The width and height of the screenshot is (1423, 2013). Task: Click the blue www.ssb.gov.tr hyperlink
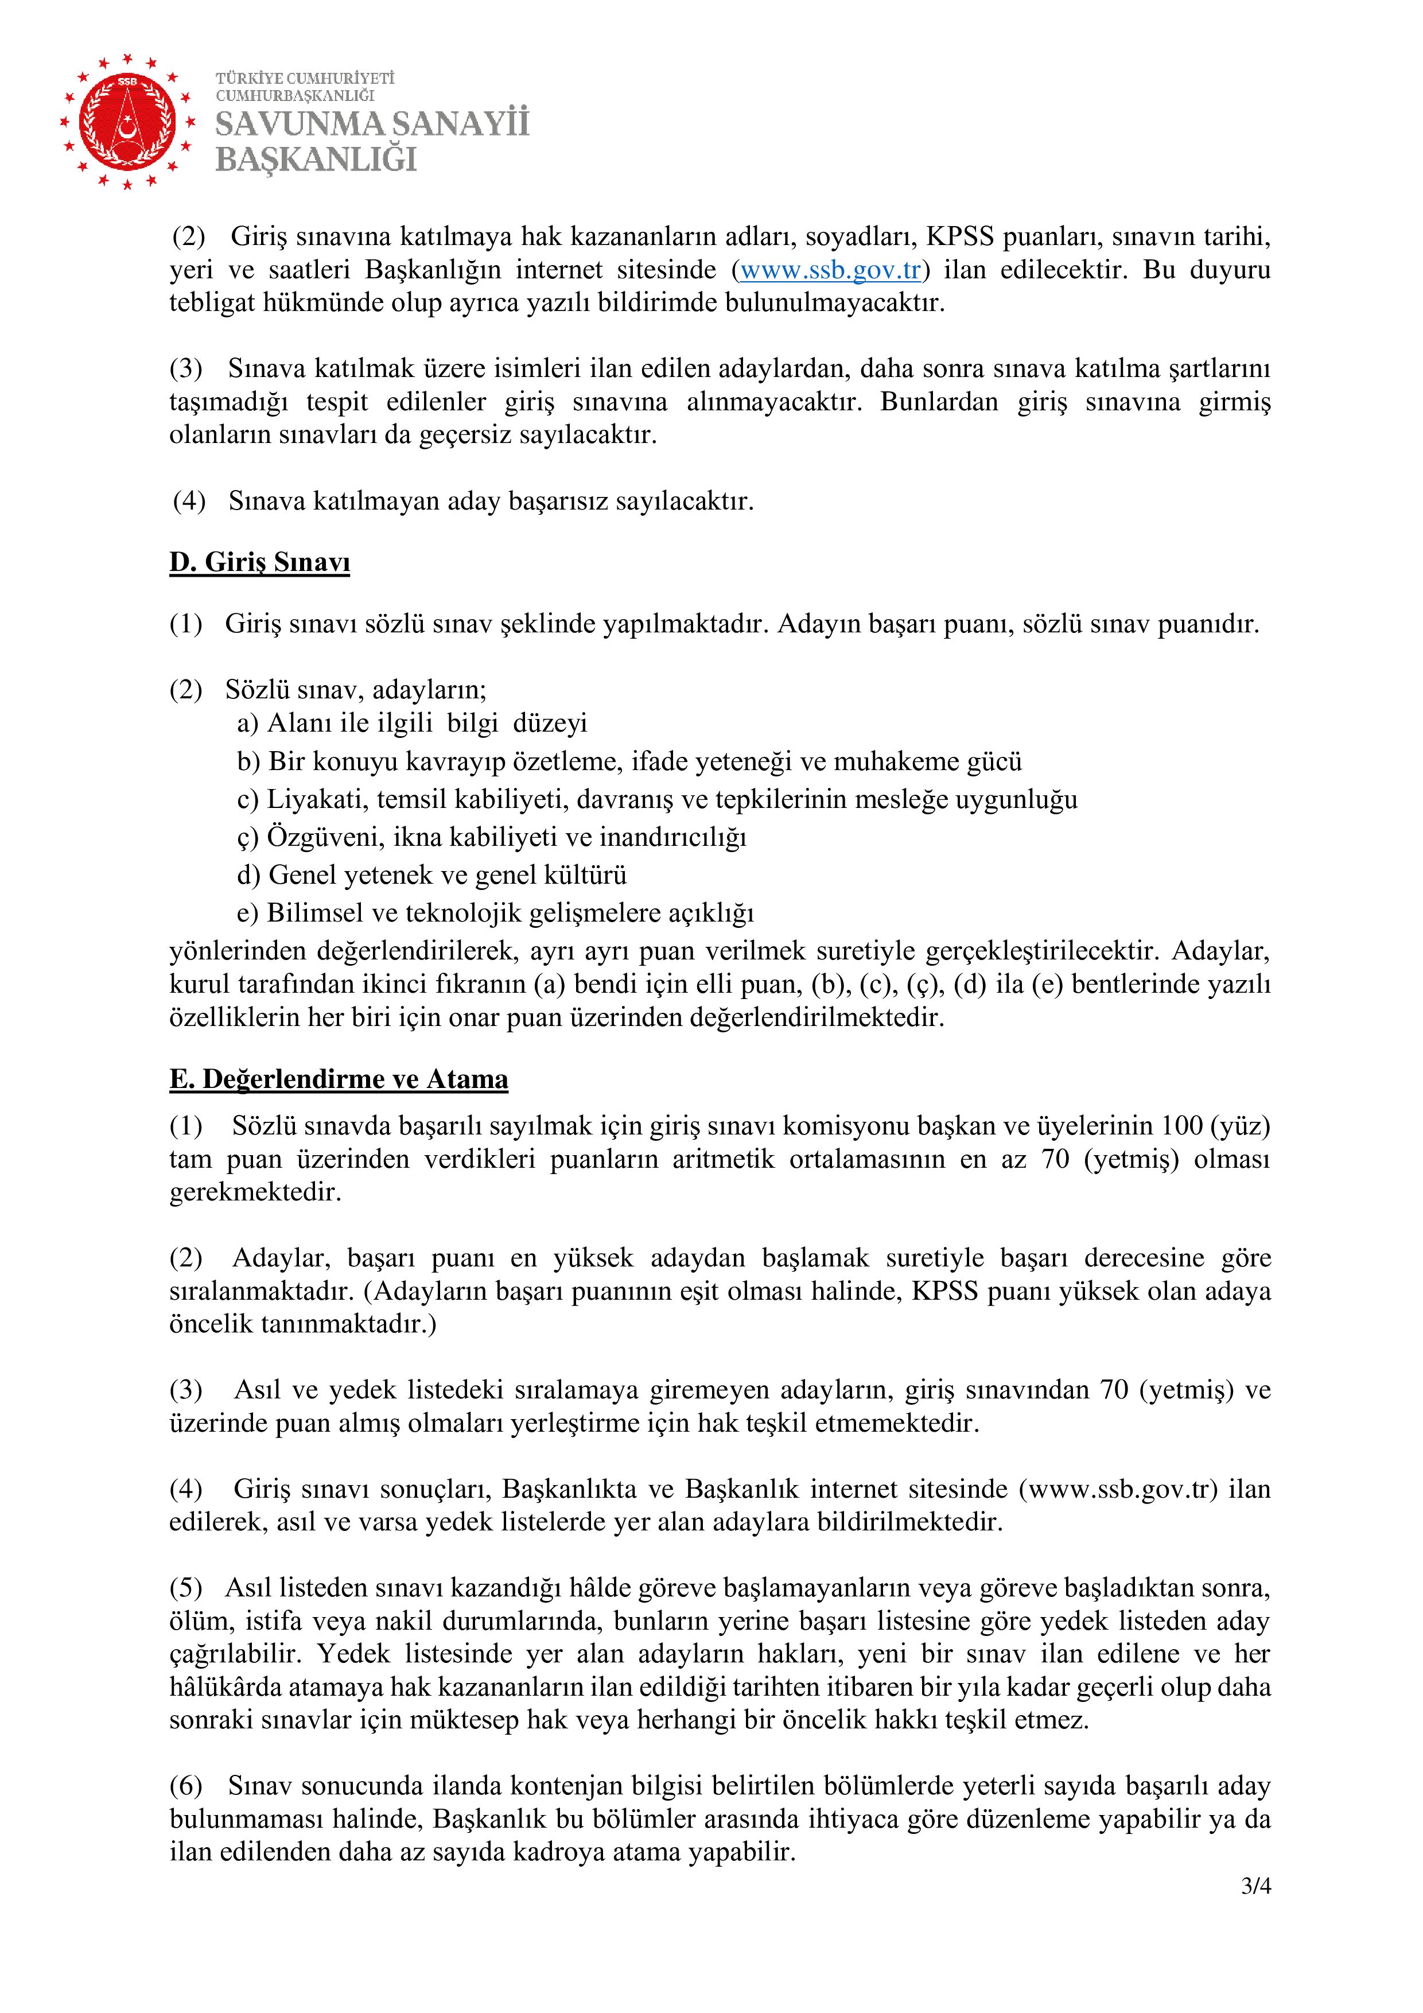pyautogui.click(x=830, y=270)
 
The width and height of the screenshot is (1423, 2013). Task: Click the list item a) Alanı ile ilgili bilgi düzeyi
pyautogui.click(x=412, y=723)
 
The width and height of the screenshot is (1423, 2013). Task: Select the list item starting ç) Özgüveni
pyautogui.click(x=491, y=837)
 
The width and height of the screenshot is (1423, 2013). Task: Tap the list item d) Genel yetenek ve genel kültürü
pyautogui.click(x=431, y=875)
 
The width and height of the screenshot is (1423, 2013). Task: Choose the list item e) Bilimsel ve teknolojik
pyautogui.click(x=495, y=913)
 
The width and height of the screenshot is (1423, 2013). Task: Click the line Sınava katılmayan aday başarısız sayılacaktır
pyautogui.click(x=491, y=502)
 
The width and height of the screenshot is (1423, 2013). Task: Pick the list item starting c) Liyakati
pyautogui.click(x=658, y=799)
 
